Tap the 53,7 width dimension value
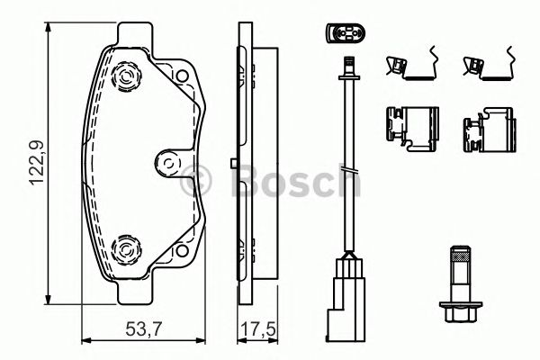(x=148, y=328)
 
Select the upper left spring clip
(x=409, y=66)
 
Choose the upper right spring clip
(x=486, y=66)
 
